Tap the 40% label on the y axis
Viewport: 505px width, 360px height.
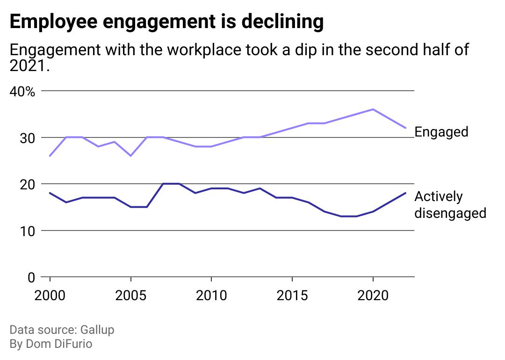click(22, 92)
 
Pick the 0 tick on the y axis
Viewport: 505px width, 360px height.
click(31, 278)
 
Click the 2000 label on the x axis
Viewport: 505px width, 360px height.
click(50, 295)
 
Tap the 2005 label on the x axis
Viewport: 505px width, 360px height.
click(131, 295)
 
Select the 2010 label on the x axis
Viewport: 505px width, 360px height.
click(211, 295)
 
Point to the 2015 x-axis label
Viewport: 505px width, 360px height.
click(292, 295)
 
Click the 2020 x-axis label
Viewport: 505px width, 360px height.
click(373, 295)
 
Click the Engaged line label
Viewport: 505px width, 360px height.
click(441, 132)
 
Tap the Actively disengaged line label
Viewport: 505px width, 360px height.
click(450, 205)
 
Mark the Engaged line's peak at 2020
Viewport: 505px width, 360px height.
click(373, 109)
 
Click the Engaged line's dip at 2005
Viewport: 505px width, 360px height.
click(131, 156)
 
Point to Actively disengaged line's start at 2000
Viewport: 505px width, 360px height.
click(50, 193)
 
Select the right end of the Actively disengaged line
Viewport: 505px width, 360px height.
click(405, 193)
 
